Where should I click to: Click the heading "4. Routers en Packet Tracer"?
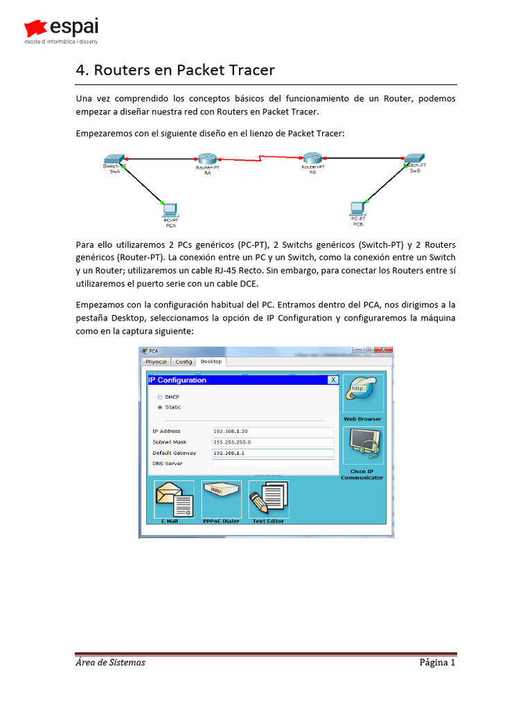(175, 70)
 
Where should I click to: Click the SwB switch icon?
(415, 159)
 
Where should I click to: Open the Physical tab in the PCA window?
(156, 361)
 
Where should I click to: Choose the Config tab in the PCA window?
(184, 361)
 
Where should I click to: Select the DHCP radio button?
(160, 397)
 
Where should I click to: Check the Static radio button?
(160, 407)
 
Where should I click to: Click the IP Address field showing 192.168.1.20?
(273, 431)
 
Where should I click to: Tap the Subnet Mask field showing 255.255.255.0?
(273, 442)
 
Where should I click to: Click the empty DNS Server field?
(273, 463)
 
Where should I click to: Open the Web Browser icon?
(362, 395)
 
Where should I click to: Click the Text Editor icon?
(268, 500)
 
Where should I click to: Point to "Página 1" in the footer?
(436, 663)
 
